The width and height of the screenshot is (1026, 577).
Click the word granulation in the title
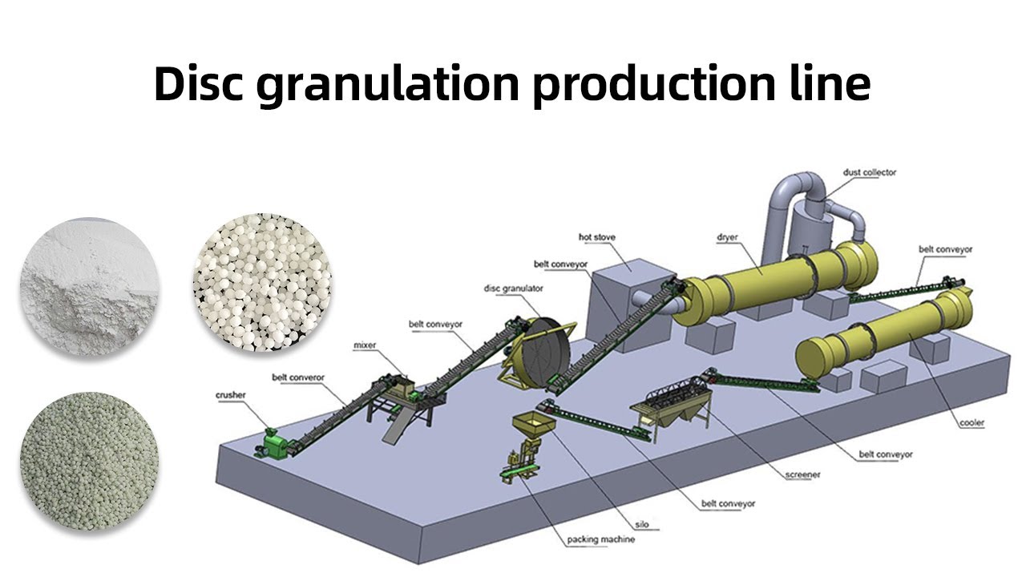click(387, 85)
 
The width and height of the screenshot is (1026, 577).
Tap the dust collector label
click(870, 172)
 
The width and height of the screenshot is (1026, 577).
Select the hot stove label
click(597, 237)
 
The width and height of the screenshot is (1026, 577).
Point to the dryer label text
click(727, 237)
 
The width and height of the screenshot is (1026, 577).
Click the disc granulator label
click(514, 288)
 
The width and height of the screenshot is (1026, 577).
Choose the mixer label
click(365, 345)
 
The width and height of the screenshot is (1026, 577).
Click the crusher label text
click(230, 395)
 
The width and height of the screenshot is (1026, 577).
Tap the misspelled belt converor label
click(298, 377)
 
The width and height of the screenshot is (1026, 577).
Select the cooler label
click(971, 422)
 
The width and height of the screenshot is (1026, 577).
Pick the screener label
click(802, 475)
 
